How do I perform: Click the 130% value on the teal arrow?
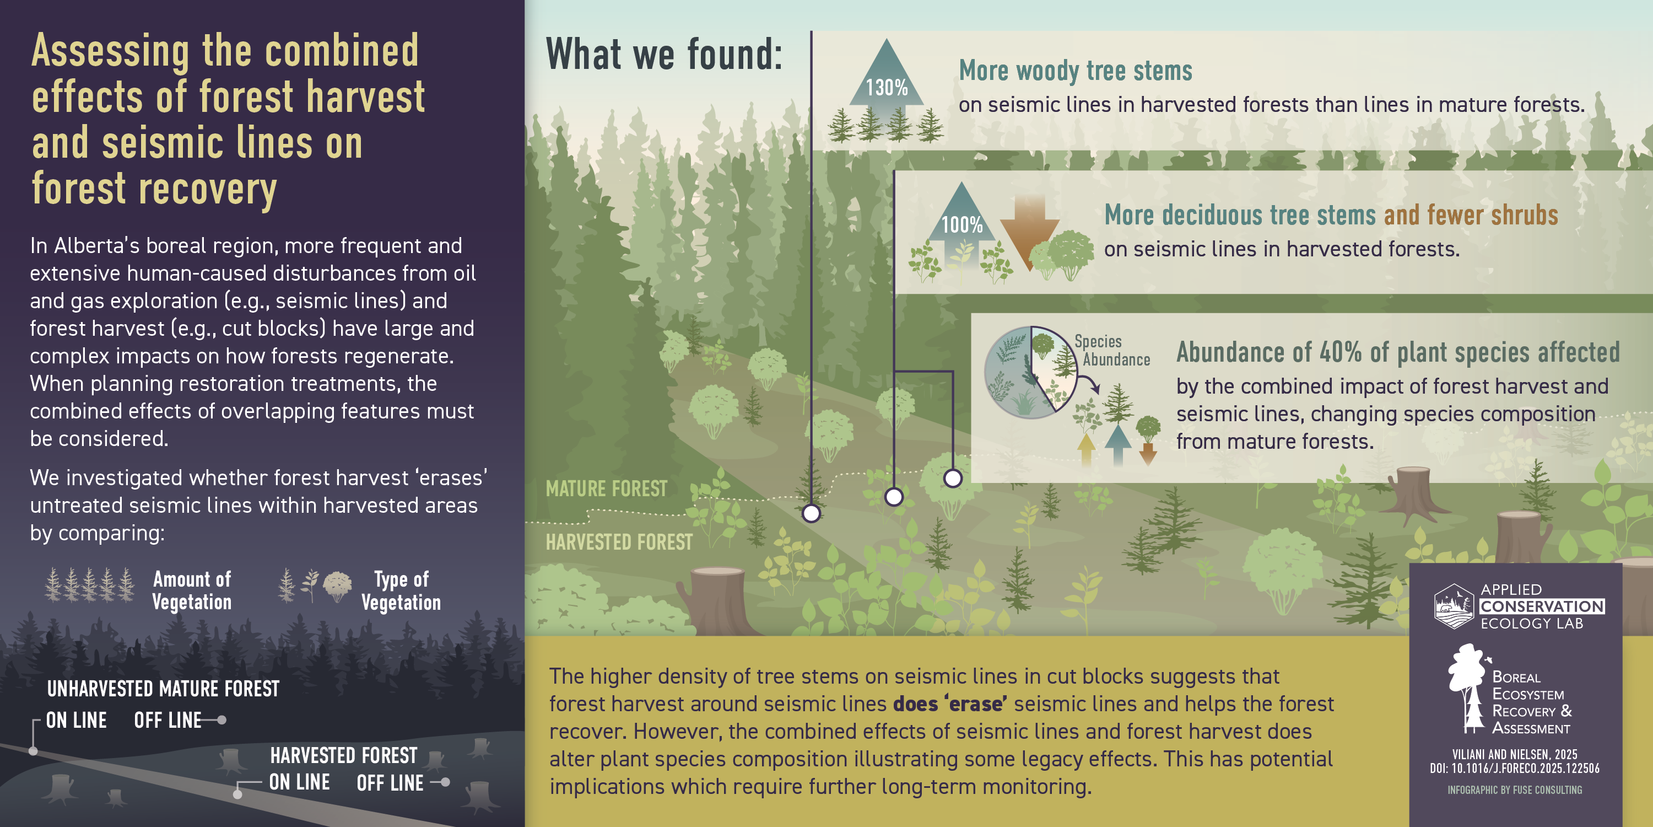tap(886, 87)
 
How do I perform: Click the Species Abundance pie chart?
tap(1031, 372)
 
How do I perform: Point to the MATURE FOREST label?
tap(607, 488)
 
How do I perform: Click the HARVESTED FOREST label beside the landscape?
tap(619, 542)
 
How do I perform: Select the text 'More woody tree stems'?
tap(1076, 71)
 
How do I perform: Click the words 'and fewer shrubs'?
tap(1471, 215)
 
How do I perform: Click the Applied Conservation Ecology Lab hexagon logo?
tap(1454, 606)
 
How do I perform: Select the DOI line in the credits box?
tap(1514, 768)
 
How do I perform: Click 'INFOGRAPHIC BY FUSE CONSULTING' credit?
tap(1514, 790)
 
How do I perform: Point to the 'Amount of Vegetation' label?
tap(192, 590)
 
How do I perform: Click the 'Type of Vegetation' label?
tap(401, 590)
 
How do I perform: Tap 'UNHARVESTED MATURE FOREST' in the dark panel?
tap(163, 689)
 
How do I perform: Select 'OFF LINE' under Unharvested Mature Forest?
tap(168, 721)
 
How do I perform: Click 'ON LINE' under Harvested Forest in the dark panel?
tap(299, 782)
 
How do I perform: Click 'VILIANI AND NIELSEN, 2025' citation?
tap(1514, 754)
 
